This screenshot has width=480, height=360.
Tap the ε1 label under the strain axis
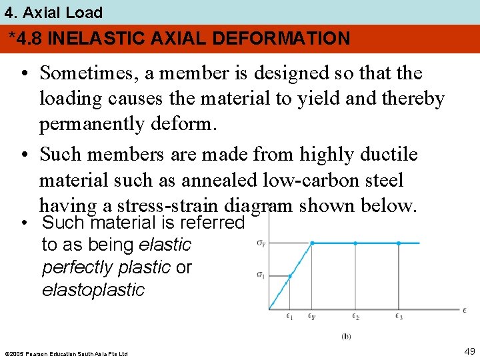click(290, 317)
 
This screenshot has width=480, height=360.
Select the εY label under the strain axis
click(312, 317)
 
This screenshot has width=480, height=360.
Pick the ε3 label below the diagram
click(399, 317)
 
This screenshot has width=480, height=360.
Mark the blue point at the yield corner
click(312, 243)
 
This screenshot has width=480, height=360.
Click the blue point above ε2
click(355, 243)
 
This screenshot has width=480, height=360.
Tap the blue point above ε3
click(399, 243)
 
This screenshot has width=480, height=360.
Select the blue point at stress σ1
click(290, 275)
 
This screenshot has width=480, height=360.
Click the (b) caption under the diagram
click(346, 336)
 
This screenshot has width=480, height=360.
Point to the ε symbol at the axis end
click(464, 309)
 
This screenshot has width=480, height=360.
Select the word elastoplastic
click(93, 290)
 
